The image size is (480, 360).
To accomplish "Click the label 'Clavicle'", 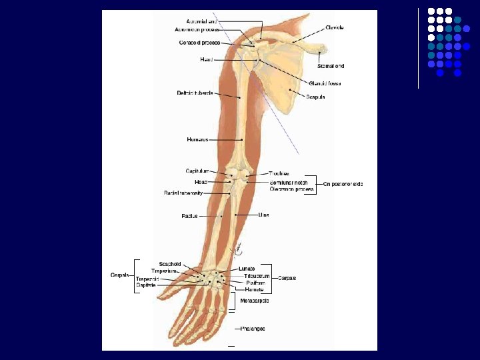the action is pos(335,27).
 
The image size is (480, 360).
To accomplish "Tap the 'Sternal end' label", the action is pos(331,66).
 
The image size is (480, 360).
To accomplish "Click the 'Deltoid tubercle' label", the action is pos(195,93).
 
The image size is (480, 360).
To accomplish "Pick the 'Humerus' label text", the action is pos(197,139).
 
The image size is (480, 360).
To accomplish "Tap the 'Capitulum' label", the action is pos(197,171).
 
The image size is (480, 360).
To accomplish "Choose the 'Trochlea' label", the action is pos(279,173).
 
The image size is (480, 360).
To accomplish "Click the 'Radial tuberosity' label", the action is pos(183,193).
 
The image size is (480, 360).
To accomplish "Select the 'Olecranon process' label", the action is pos(291,189).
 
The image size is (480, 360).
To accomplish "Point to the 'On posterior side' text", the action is pos(343,183).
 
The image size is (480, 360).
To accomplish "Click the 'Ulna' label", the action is pos(263,215).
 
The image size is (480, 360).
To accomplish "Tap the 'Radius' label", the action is pos(189,216).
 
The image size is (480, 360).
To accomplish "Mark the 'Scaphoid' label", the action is pos(170,264).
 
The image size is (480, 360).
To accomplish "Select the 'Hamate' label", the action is pos(254,289).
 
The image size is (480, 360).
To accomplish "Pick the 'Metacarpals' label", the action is pos(255,301).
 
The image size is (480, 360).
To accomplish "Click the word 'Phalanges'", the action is pos(253,329).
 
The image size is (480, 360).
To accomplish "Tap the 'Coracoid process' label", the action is pos(199,43).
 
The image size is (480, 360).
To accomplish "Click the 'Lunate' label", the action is pos(247,269).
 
